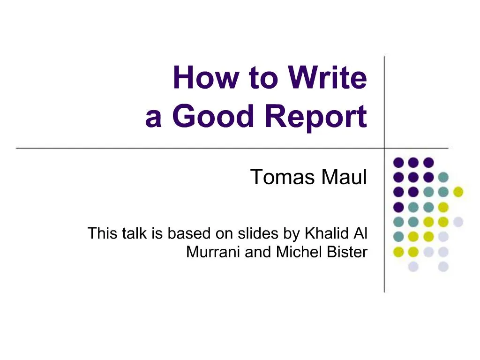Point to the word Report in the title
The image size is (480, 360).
(315, 117)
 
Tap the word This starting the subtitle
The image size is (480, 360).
(100, 233)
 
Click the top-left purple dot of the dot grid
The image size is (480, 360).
(399, 162)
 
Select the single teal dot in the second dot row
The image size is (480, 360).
(443, 177)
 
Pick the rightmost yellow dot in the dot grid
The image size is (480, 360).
(458, 192)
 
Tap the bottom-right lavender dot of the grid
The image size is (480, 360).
(443, 267)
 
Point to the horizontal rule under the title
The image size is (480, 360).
(187, 148)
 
